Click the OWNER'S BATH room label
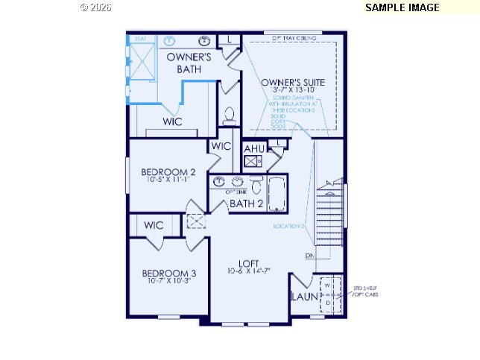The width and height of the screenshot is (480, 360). click(x=189, y=63)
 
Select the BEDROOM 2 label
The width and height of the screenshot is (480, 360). click(x=168, y=172)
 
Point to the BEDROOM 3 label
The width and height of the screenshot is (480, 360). click(x=169, y=273)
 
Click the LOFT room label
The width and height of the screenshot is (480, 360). click(x=248, y=262)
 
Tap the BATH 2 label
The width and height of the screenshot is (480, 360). click(x=245, y=203)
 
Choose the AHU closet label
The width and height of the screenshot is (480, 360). click(x=254, y=148)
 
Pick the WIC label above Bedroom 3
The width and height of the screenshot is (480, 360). click(x=154, y=225)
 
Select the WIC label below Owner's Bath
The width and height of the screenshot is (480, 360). click(x=173, y=121)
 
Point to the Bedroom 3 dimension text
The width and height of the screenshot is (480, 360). click(x=169, y=281)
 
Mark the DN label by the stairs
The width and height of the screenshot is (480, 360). click(x=309, y=256)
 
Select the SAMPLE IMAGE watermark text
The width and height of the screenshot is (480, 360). click(x=402, y=7)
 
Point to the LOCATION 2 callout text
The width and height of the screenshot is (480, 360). click(x=288, y=226)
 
